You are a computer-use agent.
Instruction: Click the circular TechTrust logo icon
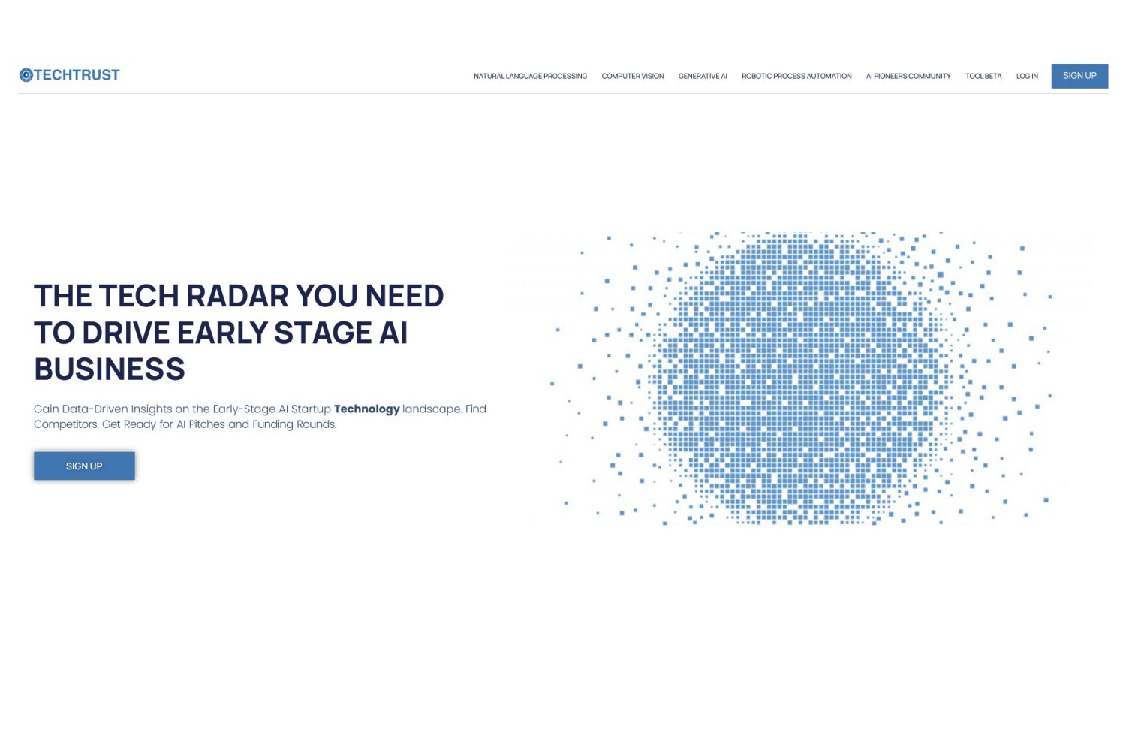click(26, 75)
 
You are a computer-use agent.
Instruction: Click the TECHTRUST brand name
click(77, 75)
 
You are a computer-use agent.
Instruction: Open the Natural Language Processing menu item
click(530, 76)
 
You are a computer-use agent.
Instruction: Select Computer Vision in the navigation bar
click(632, 76)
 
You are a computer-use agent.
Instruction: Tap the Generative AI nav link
click(702, 76)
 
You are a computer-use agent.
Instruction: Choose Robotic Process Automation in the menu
click(796, 76)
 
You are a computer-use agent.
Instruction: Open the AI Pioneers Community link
click(908, 76)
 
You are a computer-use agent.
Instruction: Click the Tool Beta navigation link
click(983, 76)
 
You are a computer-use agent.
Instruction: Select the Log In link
click(1027, 76)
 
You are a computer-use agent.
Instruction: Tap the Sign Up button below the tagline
click(84, 466)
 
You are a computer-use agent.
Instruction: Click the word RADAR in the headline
click(237, 296)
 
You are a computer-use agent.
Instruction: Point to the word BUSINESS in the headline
click(110, 369)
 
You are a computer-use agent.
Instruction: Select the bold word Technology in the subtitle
click(366, 409)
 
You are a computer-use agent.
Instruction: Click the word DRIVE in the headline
click(125, 333)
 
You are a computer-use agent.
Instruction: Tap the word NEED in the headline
click(405, 296)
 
